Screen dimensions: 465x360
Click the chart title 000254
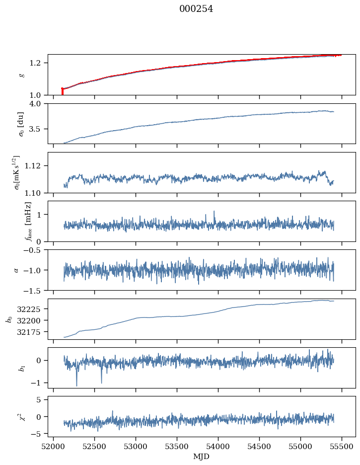[196, 9]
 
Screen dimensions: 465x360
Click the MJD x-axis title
[201, 457]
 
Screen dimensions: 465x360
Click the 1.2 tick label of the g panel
[39, 63]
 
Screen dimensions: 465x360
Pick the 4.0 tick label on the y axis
[39, 104]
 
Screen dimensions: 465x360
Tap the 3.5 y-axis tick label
[39, 129]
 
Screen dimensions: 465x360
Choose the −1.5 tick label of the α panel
[37, 290]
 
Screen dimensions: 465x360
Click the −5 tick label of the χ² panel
[41, 434]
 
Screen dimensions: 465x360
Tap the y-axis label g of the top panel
[21, 75]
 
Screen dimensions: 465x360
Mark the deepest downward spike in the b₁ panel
[76, 386]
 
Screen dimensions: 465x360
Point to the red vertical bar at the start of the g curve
[62, 92]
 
